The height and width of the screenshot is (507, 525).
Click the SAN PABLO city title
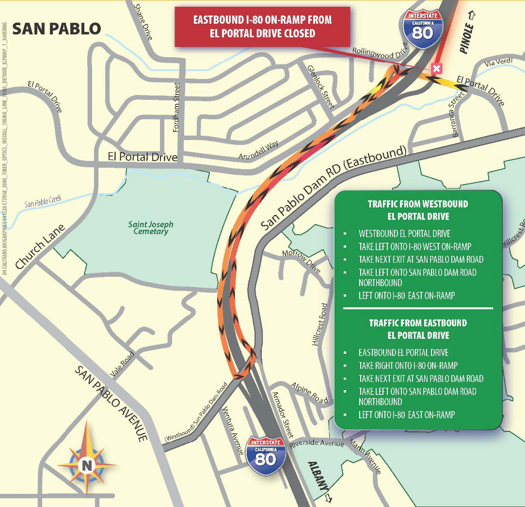(56, 29)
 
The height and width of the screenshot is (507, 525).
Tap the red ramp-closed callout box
(262, 27)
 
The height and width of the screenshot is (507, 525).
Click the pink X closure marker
(436, 68)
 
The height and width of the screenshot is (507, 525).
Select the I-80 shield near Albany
(266, 455)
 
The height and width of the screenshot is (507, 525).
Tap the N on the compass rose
(87, 465)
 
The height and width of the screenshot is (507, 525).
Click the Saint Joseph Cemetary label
(151, 228)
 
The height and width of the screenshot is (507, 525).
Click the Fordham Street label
(176, 107)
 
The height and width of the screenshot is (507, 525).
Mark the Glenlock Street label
(320, 86)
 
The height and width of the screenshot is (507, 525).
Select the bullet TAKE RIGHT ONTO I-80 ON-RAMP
(408, 365)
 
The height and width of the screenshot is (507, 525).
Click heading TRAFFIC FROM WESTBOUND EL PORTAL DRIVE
(418, 210)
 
